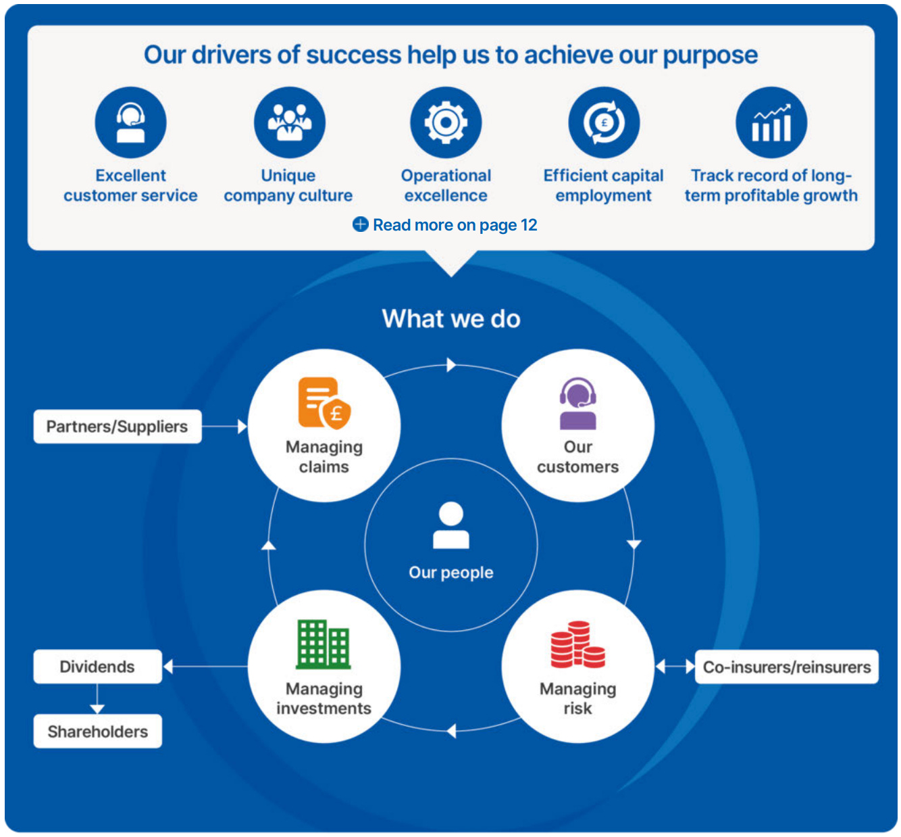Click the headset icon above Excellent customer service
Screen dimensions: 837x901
[x=130, y=122]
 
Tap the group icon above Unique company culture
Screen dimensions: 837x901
[x=289, y=122]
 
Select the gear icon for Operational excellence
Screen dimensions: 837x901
[x=446, y=122]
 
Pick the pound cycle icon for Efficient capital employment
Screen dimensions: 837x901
[x=604, y=122]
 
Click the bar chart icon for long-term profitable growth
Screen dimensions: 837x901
[x=771, y=122]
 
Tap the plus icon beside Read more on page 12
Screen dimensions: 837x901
[x=361, y=224]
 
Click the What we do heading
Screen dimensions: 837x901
[x=451, y=318]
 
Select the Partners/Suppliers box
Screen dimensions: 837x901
[x=117, y=427]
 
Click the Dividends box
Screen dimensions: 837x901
[x=97, y=667]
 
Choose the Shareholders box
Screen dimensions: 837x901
[x=97, y=731]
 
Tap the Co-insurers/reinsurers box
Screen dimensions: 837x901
[x=786, y=667]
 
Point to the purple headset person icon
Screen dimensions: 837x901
[x=577, y=404]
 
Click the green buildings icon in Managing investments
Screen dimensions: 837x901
[x=324, y=644]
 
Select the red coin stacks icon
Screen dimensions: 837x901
[x=577, y=644]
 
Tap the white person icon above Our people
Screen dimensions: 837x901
[x=450, y=525]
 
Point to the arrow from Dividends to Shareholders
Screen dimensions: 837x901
[x=97, y=698]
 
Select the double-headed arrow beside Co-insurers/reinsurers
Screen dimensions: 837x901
[x=675, y=667]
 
